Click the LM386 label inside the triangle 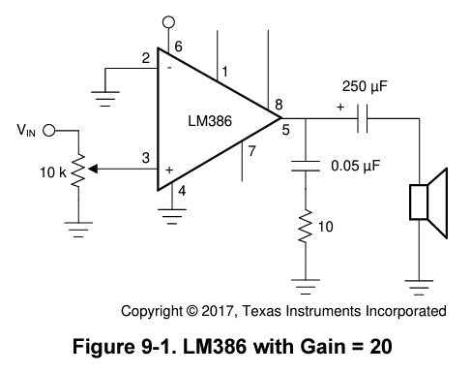pos(210,121)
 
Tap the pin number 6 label pos(178,47)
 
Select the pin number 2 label pos(146,58)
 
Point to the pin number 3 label pos(146,158)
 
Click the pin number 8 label pos(279,105)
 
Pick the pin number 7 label pos(251,151)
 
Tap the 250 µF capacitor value pos(365,86)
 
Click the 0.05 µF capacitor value pos(356,166)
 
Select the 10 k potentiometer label pos(53,172)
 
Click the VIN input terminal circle pos(49,131)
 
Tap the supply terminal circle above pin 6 pos(168,22)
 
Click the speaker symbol pos(428,202)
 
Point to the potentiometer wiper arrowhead pos(93,169)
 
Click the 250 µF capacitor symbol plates pos(363,118)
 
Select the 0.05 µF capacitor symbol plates pos(306,166)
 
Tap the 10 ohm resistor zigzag pos(306,226)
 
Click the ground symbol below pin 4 pos(172,216)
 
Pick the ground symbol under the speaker pos(419,288)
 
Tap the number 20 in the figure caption pos(381,347)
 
